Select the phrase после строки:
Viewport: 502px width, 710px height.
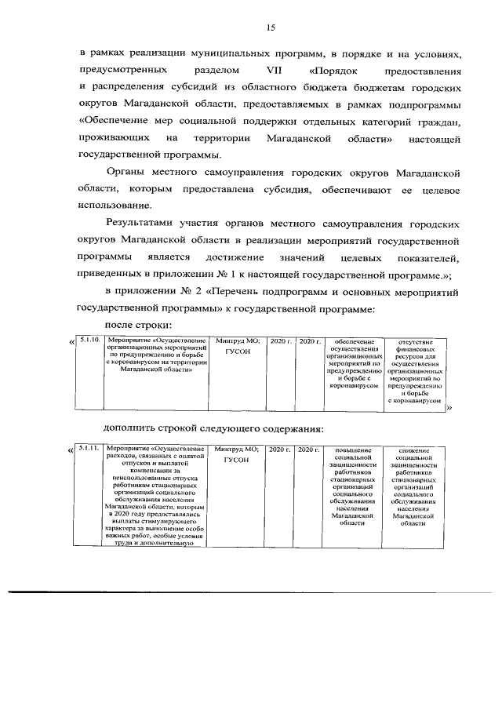tap(138, 325)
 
